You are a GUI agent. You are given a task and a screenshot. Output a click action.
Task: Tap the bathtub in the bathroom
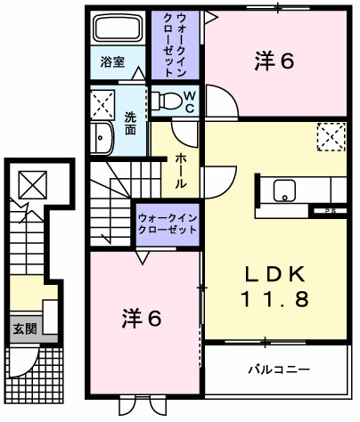tap(118, 28)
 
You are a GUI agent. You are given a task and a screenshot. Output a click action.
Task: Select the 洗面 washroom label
tap(130, 123)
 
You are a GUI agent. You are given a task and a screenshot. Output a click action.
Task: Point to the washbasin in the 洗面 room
tap(100, 139)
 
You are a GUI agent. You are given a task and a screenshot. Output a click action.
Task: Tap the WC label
tap(190, 100)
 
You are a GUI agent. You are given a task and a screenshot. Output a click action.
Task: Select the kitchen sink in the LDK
tap(284, 190)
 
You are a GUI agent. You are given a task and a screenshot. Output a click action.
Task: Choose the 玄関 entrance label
tap(23, 328)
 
